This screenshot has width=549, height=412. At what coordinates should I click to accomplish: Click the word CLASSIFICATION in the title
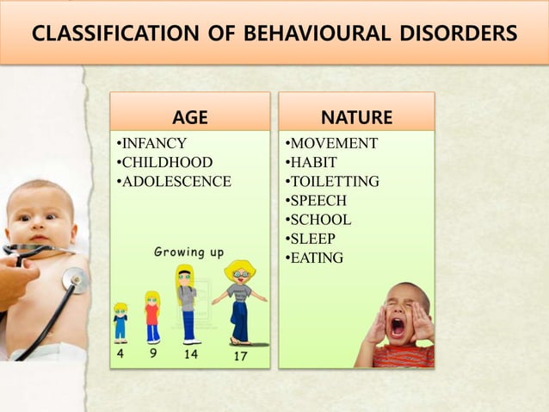[x=113, y=34]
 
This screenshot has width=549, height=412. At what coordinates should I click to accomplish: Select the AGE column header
[x=189, y=117]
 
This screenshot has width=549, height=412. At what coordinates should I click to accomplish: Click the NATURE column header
[x=356, y=117]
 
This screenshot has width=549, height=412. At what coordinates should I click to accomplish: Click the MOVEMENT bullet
[x=330, y=143]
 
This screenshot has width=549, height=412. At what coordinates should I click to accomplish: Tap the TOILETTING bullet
[x=331, y=181]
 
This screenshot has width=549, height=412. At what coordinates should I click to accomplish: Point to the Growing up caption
[x=188, y=253]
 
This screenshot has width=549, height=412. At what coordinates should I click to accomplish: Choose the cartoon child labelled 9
[x=152, y=316]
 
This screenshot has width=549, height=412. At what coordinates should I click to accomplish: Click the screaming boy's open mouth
[x=398, y=327]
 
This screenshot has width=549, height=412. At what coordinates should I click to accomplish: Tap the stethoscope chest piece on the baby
[x=75, y=279]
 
